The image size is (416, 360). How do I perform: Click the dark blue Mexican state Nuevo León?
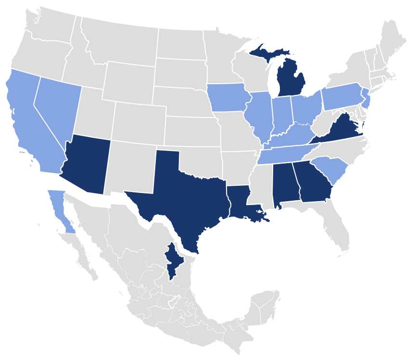tap(173, 260)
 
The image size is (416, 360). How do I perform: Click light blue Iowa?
tap(229, 98)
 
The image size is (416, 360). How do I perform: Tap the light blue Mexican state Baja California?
tap(58, 205)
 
